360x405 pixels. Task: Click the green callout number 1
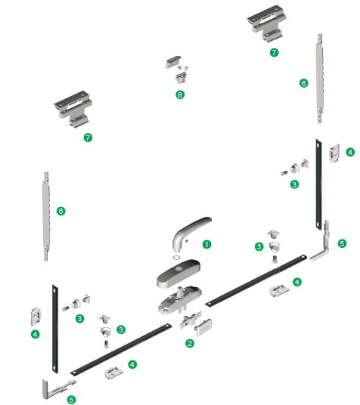(206, 244)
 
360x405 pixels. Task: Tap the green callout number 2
(190, 343)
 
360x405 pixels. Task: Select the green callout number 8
(180, 94)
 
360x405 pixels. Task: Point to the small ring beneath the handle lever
(177, 258)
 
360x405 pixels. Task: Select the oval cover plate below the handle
(178, 274)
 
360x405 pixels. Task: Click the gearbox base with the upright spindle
(180, 300)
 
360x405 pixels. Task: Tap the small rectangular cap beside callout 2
(203, 327)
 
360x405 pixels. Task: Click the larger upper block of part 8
(172, 62)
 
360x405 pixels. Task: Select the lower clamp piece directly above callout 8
(181, 78)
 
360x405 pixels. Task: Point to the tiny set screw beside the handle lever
(187, 241)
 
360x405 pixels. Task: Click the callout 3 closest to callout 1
(259, 246)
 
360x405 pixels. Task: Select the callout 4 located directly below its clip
(36, 334)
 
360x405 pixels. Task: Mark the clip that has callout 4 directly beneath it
(36, 316)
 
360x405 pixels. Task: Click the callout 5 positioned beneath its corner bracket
(71, 400)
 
